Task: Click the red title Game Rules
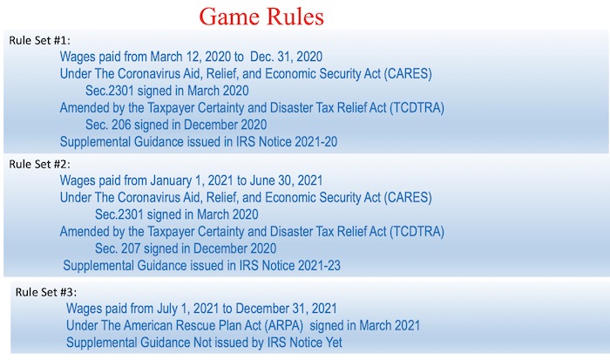[x=261, y=17]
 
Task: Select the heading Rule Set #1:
[x=40, y=40]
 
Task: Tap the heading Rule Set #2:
[x=40, y=164]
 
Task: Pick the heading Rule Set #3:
[x=46, y=292]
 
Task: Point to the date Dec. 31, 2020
[x=286, y=57]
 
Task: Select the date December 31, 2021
[x=286, y=309]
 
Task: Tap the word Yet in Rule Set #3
[x=333, y=343]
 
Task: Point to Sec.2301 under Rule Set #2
[x=119, y=214]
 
